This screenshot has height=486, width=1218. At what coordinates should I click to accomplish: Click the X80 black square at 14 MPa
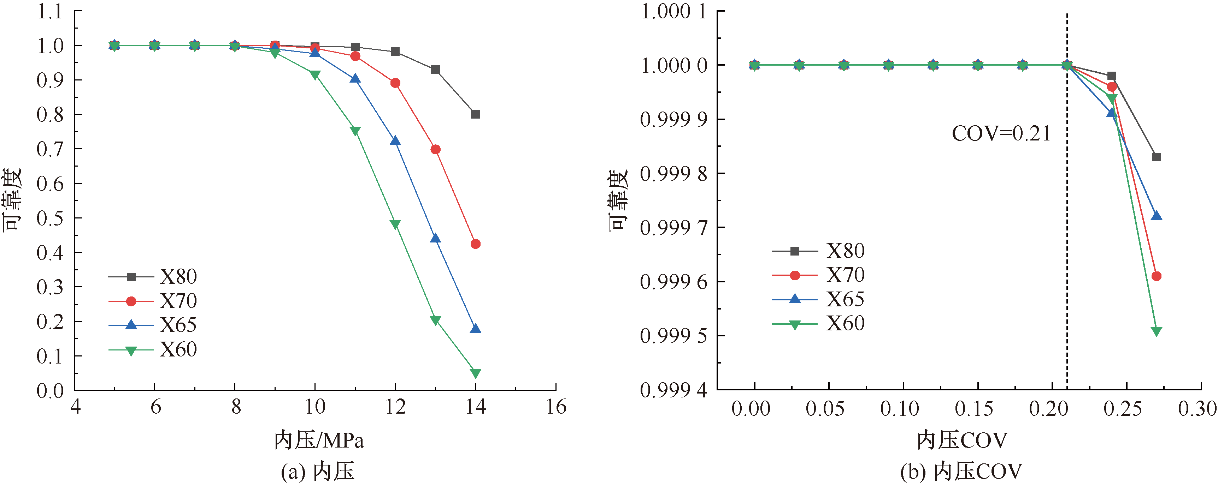(x=475, y=114)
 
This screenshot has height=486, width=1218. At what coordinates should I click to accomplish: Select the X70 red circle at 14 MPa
(x=475, y=244)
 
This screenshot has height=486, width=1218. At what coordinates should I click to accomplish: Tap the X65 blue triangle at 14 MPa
(x=475, y=329)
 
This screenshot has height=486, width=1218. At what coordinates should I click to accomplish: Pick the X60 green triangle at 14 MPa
(x=475, y=373)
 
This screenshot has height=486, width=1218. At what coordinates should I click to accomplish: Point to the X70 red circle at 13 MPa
(x=435, y=150)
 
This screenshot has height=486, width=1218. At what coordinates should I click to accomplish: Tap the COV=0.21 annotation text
(x=1000, y=134)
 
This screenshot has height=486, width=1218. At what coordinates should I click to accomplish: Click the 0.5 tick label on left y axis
(x=50, y=218)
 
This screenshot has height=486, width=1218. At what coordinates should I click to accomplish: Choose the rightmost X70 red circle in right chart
(x=1157, y=276)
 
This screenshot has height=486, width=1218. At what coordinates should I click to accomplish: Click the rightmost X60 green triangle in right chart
(x=1157, y=331)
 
